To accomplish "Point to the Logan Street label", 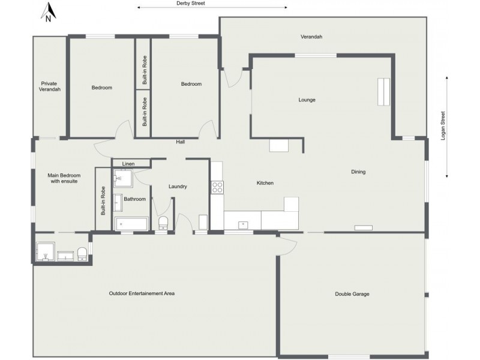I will [443, 126].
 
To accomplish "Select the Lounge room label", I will [307, 100].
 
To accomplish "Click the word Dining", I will [358, 172].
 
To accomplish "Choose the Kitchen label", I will [265, 182].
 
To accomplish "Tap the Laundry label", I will [178, 187].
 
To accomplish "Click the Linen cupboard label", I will [128, 163].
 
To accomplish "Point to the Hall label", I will [180, 142].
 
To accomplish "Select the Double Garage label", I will [352, 294].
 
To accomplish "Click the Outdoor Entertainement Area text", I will [142, 293].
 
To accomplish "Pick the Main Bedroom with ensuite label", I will [64, 178].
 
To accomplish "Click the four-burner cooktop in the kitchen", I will [217, 187].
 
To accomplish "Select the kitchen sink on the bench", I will [243, 225].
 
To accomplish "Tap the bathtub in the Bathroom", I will [131, 224].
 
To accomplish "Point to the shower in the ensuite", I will [46, 252].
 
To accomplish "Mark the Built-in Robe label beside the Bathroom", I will [103, 201].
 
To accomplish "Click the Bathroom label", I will [135, 199].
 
